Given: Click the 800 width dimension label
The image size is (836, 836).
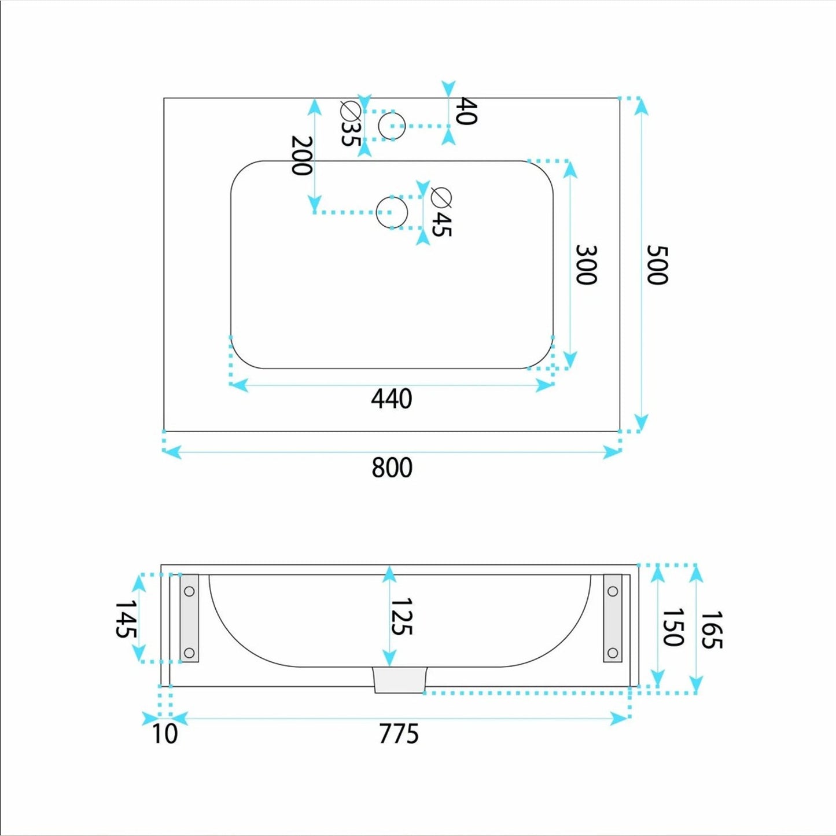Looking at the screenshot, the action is (x=392, y=467).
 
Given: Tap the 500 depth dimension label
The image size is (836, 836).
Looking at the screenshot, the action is (x=657, y=264).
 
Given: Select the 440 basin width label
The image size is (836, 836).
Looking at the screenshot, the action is (x=392, y=399).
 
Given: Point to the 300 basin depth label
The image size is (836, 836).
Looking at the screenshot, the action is (x=586, y=264).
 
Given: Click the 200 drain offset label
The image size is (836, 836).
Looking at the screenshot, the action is (x=301, y=156).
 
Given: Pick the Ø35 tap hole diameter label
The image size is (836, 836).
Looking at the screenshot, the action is (x=351, y=124).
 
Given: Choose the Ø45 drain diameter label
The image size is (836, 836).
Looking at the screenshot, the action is (x=441, y=212).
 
